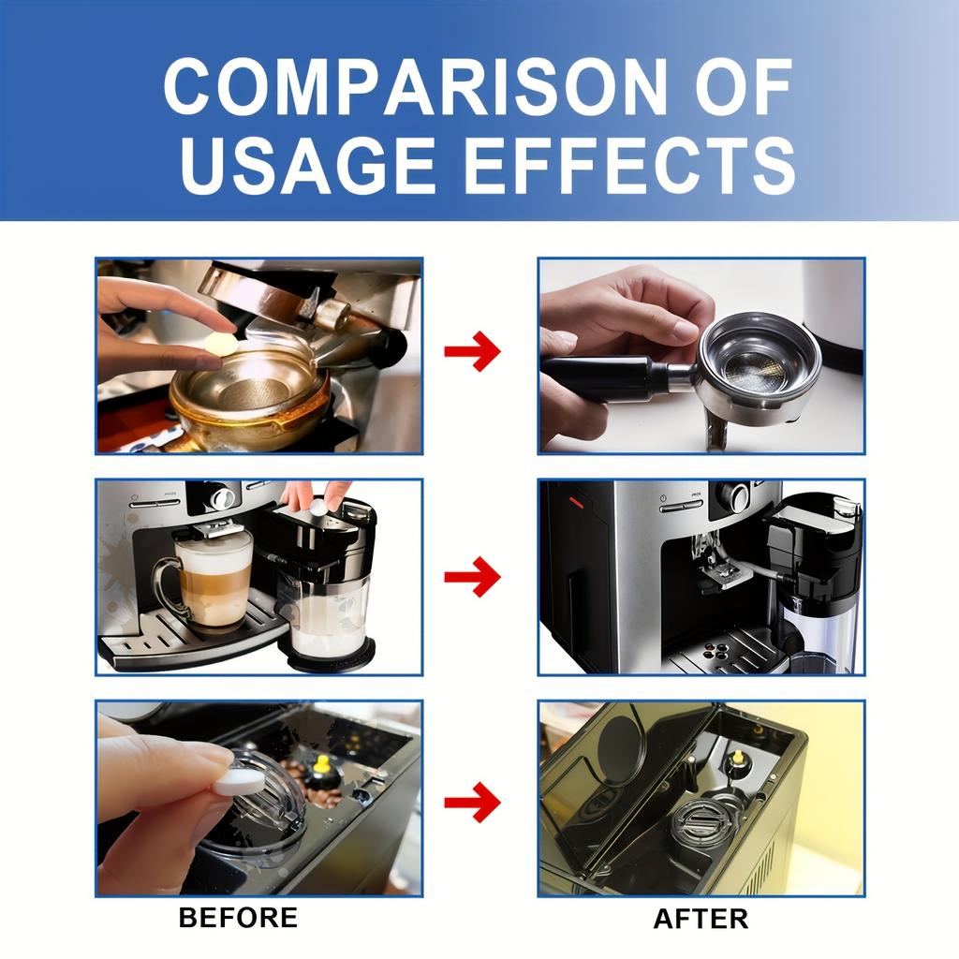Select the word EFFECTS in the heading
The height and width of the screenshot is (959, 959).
click(628, 165)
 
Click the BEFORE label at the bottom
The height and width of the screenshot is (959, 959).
click(238, 917)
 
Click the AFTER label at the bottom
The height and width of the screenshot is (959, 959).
click(701, 919)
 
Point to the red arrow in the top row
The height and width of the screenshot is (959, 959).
click(473, 352)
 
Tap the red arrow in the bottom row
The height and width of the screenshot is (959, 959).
click(473, 802)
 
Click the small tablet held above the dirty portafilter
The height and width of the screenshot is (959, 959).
click(222, 344)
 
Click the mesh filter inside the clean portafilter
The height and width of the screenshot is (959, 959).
click(757, 372)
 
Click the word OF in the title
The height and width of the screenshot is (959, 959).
click(740, 88)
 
